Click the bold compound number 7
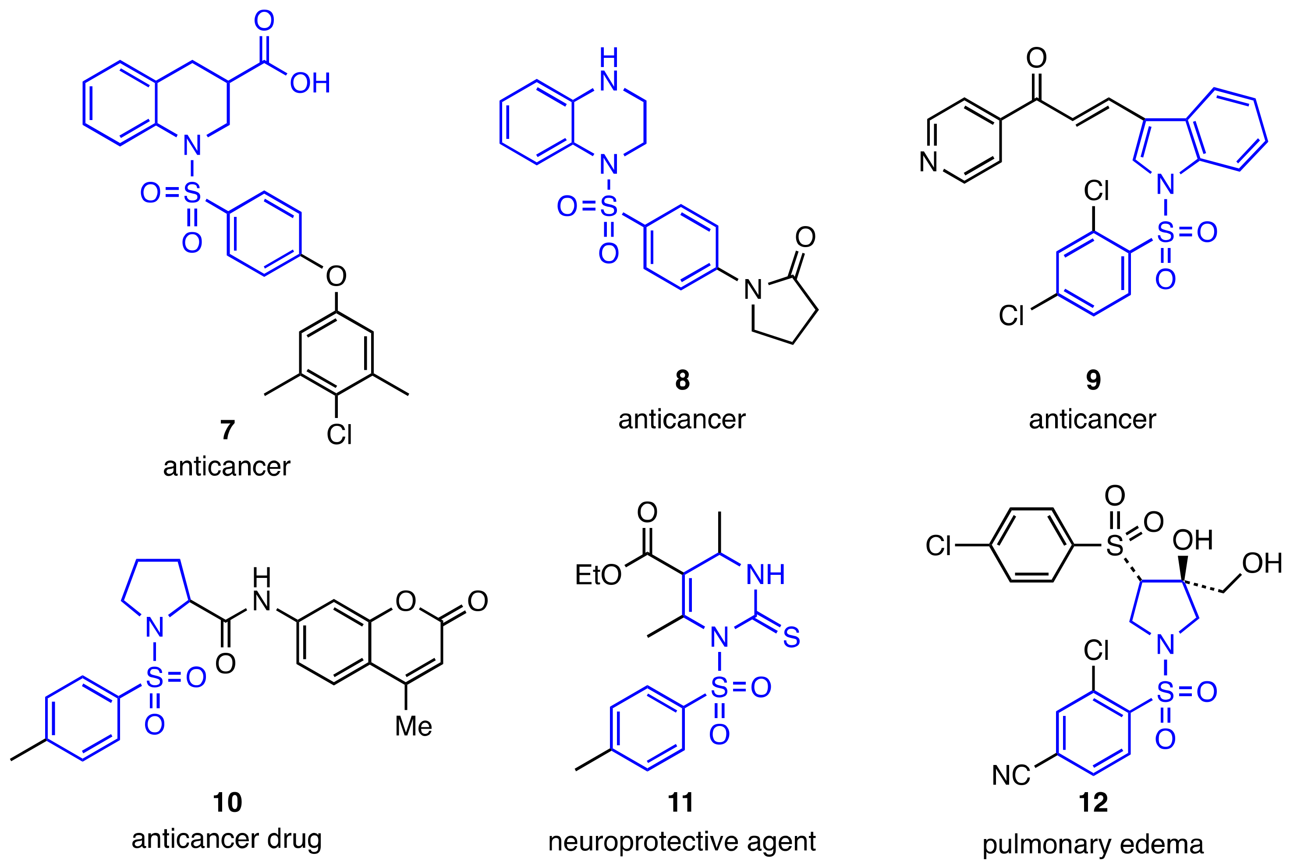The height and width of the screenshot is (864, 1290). [227, 430]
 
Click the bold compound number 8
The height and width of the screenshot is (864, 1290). [682, 380]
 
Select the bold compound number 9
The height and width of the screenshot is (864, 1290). [1093, 380]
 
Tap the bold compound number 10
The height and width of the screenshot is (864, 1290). [227, 802]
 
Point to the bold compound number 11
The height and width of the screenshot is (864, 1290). [680, 802]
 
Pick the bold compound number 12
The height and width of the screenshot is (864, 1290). [1093, 802]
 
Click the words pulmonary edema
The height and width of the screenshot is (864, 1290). [1093, 844]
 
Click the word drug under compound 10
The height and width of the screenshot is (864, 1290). [294, 839]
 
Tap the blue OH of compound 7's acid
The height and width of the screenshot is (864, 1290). [310, 83]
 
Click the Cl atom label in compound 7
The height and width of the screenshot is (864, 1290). [339, 435]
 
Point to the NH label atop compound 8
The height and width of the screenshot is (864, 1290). [609, 69]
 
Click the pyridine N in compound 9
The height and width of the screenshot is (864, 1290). [929, 161]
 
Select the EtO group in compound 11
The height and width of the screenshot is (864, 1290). [598, 575]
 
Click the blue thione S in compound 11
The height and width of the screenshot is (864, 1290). [791, 637]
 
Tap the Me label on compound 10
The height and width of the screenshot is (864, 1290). [413, 726]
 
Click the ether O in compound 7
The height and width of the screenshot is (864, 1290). [336, 276]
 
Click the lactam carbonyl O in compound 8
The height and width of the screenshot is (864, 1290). [805, 237]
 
